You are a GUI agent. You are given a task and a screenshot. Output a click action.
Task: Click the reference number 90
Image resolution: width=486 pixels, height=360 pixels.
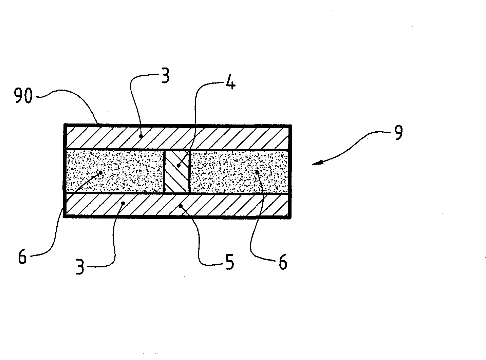(23, 95)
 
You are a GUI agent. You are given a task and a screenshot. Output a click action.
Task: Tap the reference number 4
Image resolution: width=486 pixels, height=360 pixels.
(230, 81)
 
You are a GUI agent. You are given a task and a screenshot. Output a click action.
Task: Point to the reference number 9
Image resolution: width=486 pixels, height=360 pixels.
(398, 132)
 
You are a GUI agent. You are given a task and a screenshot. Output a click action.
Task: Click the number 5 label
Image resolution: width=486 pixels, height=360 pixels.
(229, 262)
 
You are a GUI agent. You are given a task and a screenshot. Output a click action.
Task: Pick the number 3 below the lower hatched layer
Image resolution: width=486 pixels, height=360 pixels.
(80, 266)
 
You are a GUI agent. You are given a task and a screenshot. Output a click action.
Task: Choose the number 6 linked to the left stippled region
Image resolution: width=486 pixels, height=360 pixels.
(22, 256)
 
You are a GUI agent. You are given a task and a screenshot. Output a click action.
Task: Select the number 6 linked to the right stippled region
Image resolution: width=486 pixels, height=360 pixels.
(283, 262)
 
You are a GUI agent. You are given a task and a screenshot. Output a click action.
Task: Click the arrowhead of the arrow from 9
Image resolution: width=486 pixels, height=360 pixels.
(317, 163)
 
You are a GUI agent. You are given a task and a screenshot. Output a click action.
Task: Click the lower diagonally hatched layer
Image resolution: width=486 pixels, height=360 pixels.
(177, 205)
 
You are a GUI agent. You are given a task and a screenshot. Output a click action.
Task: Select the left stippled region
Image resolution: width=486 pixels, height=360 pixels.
(115, 171)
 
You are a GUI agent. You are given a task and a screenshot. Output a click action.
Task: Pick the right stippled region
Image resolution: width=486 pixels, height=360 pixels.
(239, 171)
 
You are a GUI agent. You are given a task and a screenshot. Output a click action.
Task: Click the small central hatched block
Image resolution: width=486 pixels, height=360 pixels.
(176, 171)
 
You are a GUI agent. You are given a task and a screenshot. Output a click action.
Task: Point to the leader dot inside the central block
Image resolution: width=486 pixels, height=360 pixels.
(179, 166)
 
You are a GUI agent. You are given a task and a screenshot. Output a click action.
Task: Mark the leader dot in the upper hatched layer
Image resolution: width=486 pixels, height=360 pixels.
(141, 136)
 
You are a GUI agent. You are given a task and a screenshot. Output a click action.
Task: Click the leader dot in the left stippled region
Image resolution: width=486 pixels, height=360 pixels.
(101, 173)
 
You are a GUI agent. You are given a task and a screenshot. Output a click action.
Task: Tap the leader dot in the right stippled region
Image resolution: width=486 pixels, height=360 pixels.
(257, 172)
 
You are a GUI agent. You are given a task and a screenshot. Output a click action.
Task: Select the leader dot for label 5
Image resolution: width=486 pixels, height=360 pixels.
(181, 206)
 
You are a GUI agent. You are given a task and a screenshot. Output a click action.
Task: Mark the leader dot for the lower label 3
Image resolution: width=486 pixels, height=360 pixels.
(123, 203)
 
